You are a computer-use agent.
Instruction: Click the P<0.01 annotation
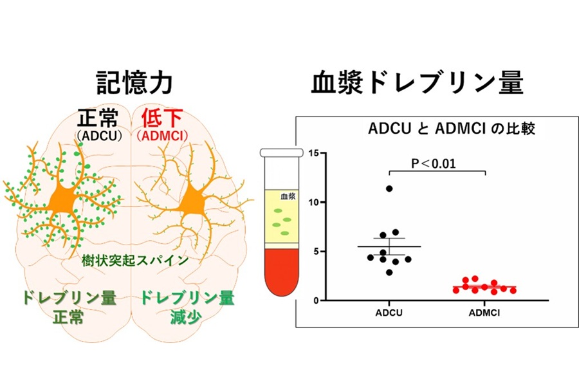[434, 163]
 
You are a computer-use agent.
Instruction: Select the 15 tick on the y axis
[314, 152]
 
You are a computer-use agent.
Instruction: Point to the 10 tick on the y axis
[314, 202]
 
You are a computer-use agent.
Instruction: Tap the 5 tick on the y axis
[316, 252]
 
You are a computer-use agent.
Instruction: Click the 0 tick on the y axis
[316, 300]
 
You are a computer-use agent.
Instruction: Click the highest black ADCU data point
[389, 188]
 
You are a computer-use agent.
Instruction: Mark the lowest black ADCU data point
[389, 272]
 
